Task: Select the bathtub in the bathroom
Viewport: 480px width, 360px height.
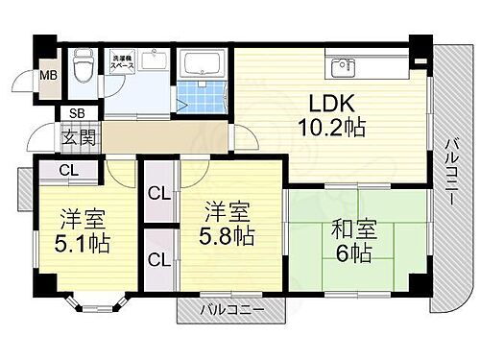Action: (202, 67)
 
